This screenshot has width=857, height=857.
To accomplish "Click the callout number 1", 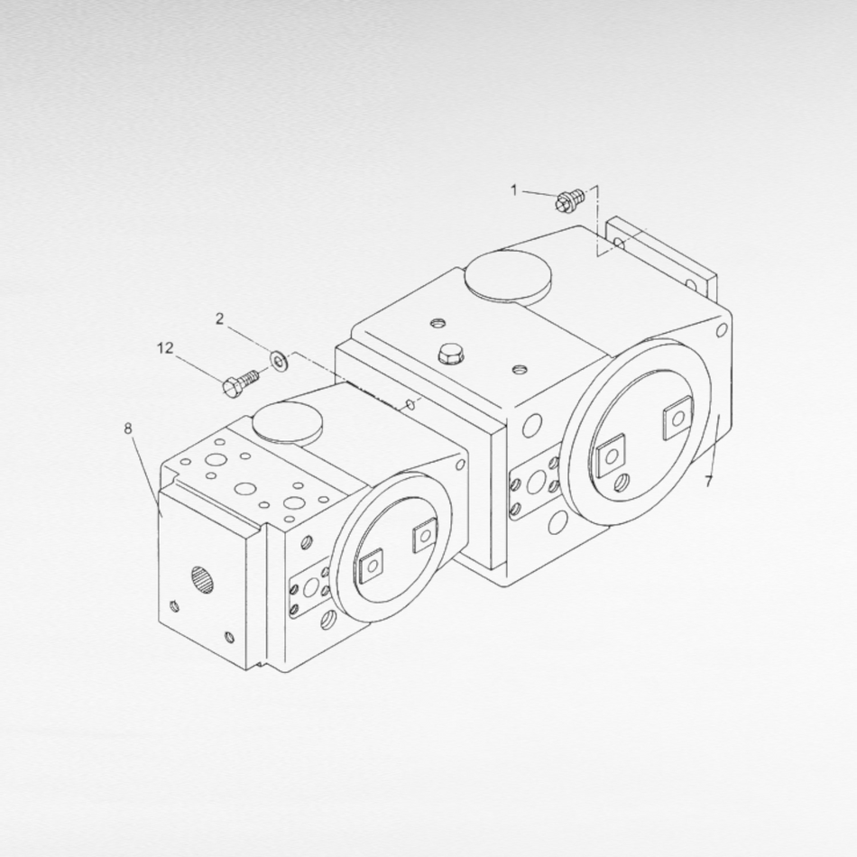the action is pyautogui.click(x=513, y=190).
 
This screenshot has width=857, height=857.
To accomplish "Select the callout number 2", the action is pyautogui.click(x=220, y=318).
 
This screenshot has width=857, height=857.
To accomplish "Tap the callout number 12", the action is pyautogui.click(x=165, y=348).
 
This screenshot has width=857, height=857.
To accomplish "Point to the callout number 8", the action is pyautogui.click(x=128, y=428).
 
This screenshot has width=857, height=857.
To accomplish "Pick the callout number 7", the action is pyautogui.click(x=709, y=482).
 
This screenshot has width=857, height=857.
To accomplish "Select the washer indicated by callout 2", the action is pyautogui.click(x=281, y=361).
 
